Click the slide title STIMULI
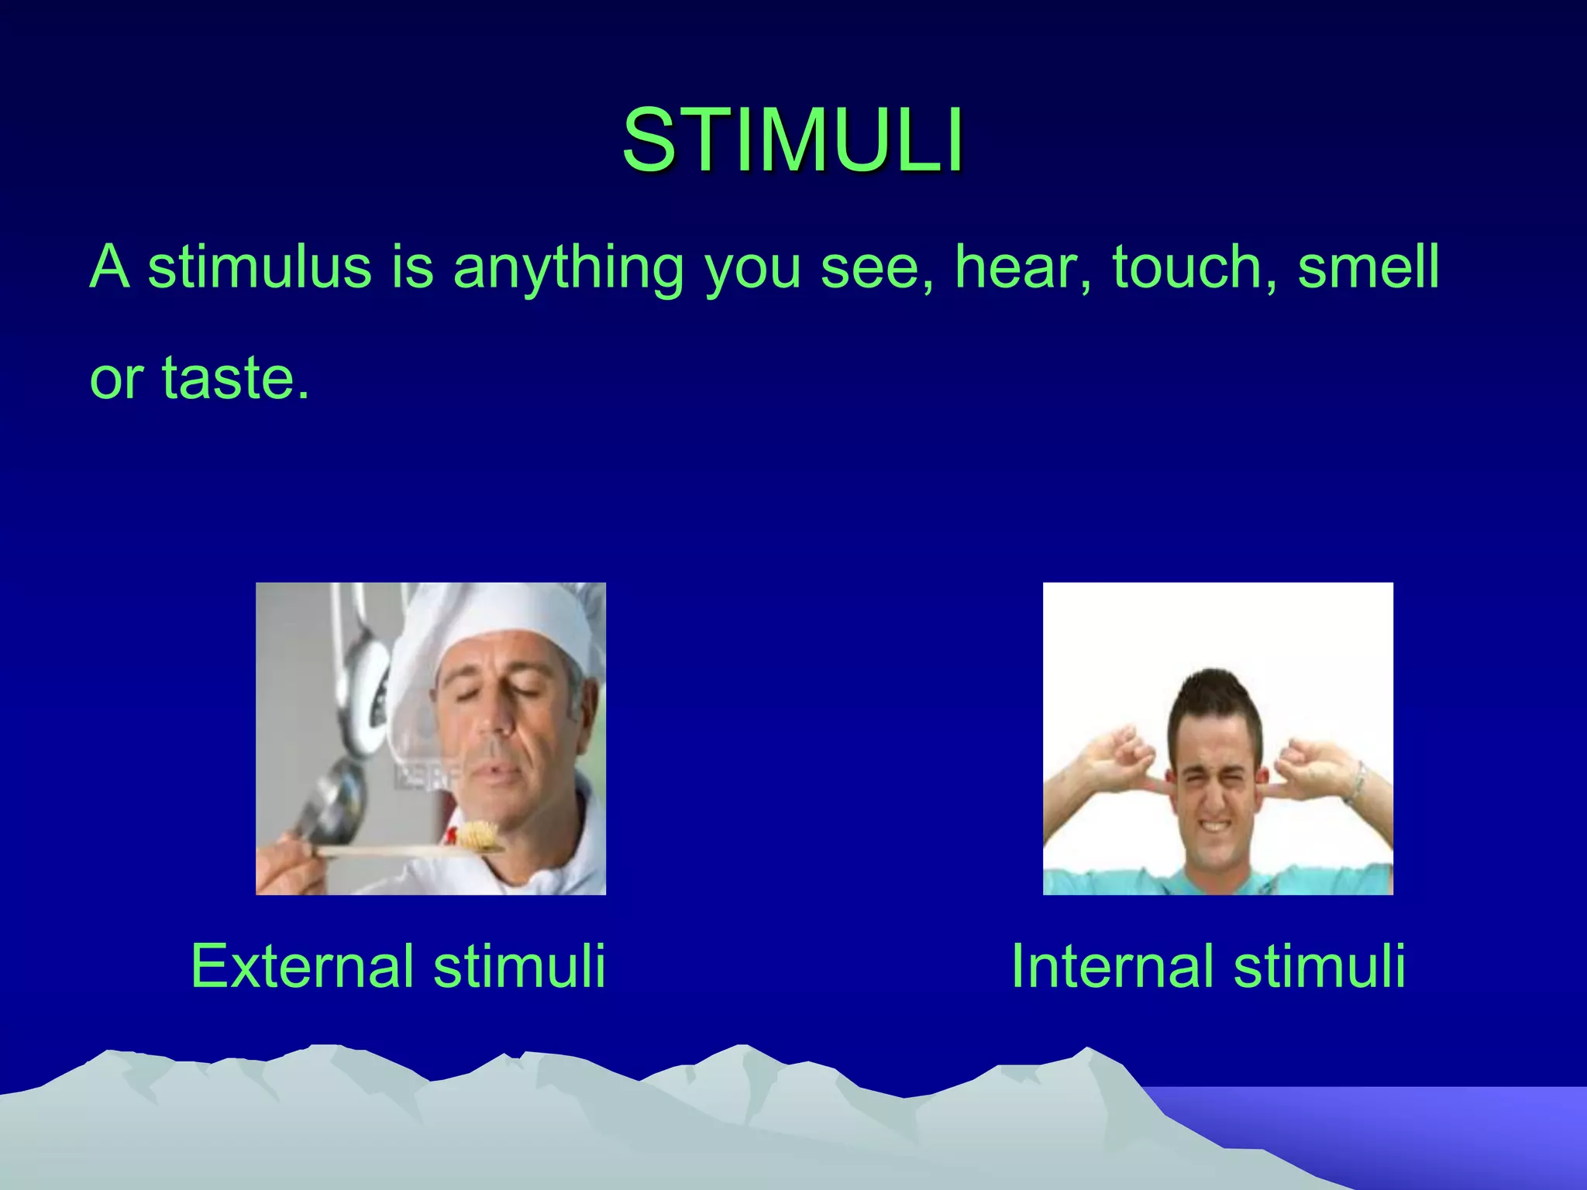pos(793,140)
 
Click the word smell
pos(1368,267)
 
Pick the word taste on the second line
pos(228,378)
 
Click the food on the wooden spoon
pos(476,835)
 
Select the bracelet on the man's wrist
pos(1355,782)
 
